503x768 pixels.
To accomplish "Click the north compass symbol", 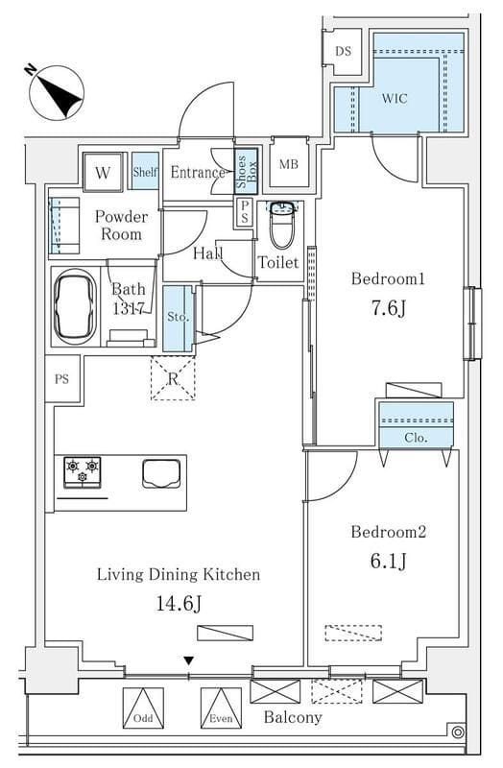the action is [57, 92].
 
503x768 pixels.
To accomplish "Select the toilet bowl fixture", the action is [281, 225].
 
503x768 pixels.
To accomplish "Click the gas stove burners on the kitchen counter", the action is [83, 471].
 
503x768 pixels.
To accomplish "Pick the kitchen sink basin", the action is [161, 473].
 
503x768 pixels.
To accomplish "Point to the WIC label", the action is [395, 99].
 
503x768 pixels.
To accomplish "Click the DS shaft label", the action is [344, 51].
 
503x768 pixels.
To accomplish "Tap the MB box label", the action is [289, 164].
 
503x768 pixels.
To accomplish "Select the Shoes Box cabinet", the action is [246, 172].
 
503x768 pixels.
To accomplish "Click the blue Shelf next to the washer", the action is [145, 171].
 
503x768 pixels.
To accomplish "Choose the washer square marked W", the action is [103, 172].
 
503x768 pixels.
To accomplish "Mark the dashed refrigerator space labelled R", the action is [173, 378].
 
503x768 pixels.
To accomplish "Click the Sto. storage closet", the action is [179, 319].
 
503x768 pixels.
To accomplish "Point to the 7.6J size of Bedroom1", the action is [389, 308].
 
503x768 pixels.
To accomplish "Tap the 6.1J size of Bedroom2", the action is [389, 561].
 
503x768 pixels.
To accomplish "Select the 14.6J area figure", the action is [179, 604].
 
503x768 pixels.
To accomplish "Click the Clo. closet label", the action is [416, 438].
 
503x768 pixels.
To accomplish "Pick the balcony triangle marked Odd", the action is [143, 708].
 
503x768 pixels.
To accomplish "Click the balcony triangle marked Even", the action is [221, 708].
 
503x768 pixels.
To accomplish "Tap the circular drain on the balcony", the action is [458, 732].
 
